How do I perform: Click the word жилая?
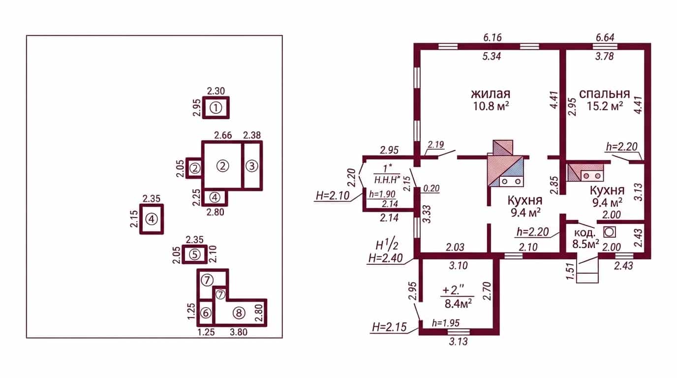click(491, 94)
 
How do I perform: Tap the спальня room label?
click(605, 94)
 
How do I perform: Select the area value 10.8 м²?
click(491, 106)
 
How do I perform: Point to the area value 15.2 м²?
click(605, 106)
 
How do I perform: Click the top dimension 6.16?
click(492, 37)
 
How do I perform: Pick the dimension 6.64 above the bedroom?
click(605, 37)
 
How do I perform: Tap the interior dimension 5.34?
click(492, 56)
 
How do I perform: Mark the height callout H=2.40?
click(385, 258)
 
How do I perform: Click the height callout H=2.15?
click(389, 327)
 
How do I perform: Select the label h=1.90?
click(382, 194)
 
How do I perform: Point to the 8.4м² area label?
click(458, 303)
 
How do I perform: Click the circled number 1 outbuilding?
click(216, 107)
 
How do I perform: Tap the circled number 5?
click(195, 254)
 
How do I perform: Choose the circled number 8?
click(239, 313)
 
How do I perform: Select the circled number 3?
click(252, 166)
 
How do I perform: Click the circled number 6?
click(206, 313)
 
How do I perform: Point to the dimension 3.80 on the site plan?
click(239, 332)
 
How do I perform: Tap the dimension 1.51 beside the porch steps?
click(570, 271)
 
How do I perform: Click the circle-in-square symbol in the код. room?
click(610, 232)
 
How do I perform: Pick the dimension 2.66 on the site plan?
click(223, 135)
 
